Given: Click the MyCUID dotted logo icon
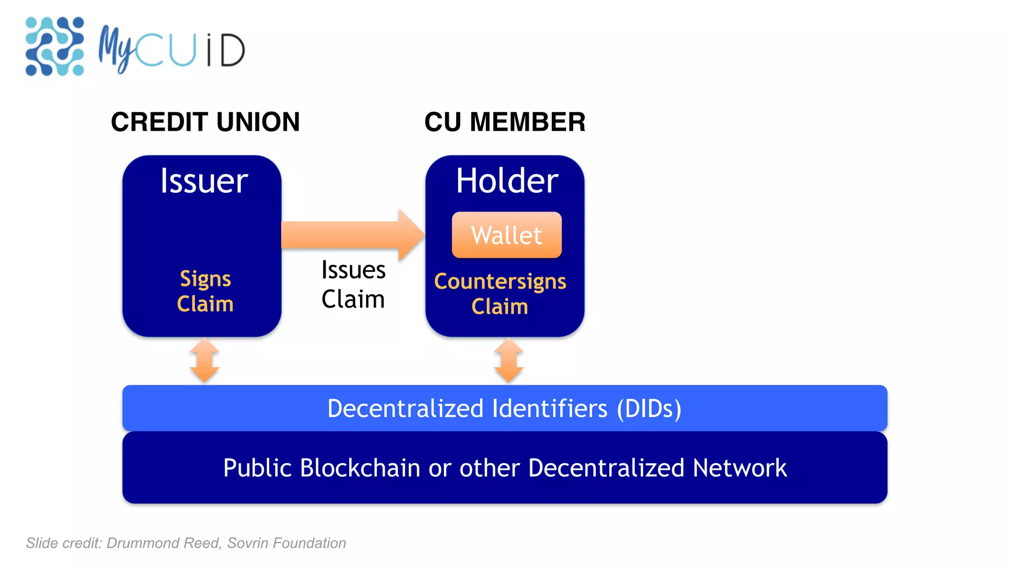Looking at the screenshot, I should click(x=54, y=46).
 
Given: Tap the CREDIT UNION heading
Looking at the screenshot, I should click(x=205, y=122).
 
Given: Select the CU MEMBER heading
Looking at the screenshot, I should click(x=505, y=122).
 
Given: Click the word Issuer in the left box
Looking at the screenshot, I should click(x=204, y=181).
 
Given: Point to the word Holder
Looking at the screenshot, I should click(x=506, y=181).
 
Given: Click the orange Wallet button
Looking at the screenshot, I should click(x=506, y=235).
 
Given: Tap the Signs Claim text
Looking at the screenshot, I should click(x=205, y=291).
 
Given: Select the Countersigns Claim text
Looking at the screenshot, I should click(x=500, y=293).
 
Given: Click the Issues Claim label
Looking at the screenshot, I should click(x=353, y=284).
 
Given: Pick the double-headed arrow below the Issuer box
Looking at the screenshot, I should click(x=205, y=360).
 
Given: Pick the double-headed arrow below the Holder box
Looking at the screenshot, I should click(x=508, y=360).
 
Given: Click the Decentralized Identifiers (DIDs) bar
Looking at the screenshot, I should click(x=505, y=408).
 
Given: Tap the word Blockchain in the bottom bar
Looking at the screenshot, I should click(x=360, y=468).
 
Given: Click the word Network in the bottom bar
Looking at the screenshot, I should click(x=739, y=468).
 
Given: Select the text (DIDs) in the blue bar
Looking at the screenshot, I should click(x=649, y=409).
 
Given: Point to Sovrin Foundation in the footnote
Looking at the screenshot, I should click(x=287, y=543).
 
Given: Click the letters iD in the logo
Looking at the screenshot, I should click(x=226, y=50).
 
